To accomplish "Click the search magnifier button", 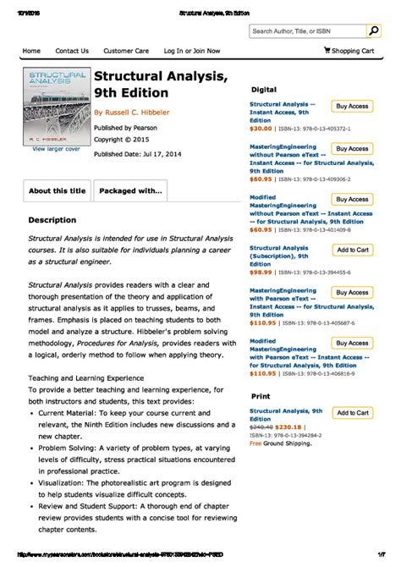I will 373,31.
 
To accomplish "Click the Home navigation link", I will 31,51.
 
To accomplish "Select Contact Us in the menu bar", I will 72,51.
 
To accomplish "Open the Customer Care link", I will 126,51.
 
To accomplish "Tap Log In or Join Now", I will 192,51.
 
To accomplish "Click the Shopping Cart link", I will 349,51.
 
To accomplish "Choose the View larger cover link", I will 56,149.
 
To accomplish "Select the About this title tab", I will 57,191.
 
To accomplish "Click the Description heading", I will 52,220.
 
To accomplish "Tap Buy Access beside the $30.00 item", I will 352,107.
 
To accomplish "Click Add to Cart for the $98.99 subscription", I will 352,250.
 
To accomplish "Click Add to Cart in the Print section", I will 352,413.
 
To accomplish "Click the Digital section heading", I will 264,89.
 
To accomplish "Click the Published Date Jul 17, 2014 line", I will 136,154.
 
